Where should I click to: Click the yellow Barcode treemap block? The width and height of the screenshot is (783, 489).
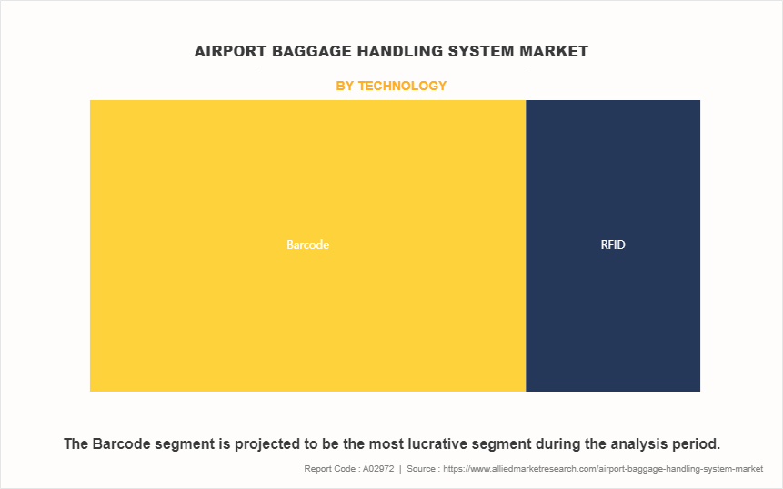tap(307, 246)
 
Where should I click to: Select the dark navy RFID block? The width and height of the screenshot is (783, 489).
tap(613, 246)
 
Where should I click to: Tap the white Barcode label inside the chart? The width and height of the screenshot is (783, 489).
tap(307, 244)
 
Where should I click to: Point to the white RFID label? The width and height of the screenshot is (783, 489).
tap(613, 244)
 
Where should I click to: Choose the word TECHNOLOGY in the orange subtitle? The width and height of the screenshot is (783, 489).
tap(402, 86)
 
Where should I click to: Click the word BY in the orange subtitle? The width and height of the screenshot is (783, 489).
tap(345, 86)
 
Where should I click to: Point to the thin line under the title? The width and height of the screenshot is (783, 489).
tap(391, 66)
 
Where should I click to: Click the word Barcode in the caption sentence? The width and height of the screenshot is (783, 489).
tap(116, 444)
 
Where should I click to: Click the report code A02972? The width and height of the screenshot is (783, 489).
tap(378, 469)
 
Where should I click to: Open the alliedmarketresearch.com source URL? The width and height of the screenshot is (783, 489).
tap(603, 469)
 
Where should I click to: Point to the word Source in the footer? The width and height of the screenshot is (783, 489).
tap(420, 469)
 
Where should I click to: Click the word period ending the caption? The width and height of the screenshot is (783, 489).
tap(692, 444)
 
